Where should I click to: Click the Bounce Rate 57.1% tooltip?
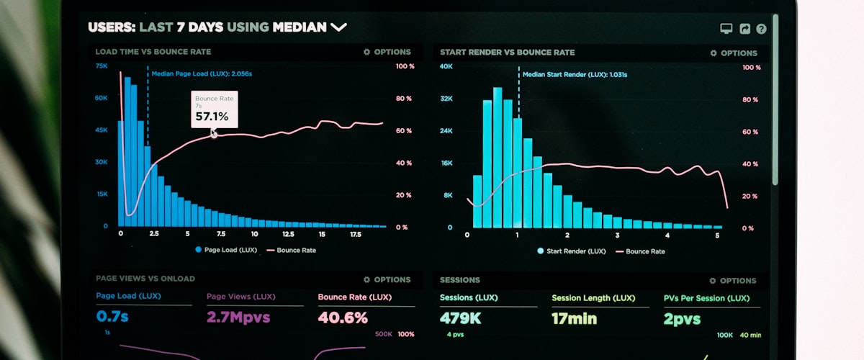[x=214, y=109]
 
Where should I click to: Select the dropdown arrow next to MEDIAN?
[x=338, y=27]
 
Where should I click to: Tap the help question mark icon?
[x=761, y=29]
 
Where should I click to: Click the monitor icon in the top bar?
[x=726, y=29]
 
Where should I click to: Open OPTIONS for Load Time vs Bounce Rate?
[x=387, y=52]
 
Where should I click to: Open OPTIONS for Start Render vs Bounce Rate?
[x=734, y=53]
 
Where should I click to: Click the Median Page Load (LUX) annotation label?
[x=202, y=73]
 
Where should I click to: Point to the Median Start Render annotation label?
[x=575, y=74]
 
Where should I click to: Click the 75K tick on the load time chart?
[x=102, y=66]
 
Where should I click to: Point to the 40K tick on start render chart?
[x=446, y=66]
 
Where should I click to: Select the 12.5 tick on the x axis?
[x=288, y=234]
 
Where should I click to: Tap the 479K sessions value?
[x=460, y=318]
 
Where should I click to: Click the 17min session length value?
[x=574, y=318]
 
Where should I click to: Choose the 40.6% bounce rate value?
[x=343, y=317]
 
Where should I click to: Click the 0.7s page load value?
[x=112, y=317]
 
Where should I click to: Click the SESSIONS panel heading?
[x=459, y=280]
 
